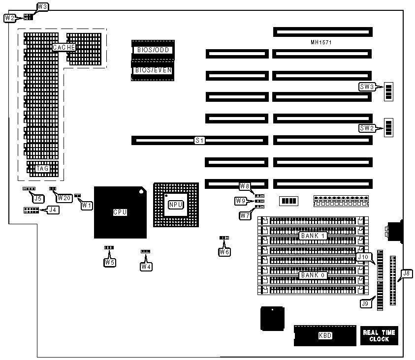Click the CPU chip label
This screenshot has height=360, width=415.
point(120,212)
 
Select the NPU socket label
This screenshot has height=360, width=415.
point(176,205)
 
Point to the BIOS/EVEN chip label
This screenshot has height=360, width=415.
point(153,70)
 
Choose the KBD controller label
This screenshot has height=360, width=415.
point(325,336)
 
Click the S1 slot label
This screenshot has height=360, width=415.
point(199,141)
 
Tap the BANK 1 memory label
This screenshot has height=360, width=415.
point(313,236)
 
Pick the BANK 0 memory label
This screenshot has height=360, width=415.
point(313,275)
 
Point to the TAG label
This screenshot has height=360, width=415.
point(42,168)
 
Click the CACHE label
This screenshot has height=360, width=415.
point(64,47)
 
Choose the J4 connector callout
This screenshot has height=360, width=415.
point(52,210)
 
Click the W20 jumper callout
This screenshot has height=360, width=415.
point(64,198)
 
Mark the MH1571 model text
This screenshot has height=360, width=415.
point(321,43)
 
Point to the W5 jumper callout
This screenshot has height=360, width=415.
point(109,263)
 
